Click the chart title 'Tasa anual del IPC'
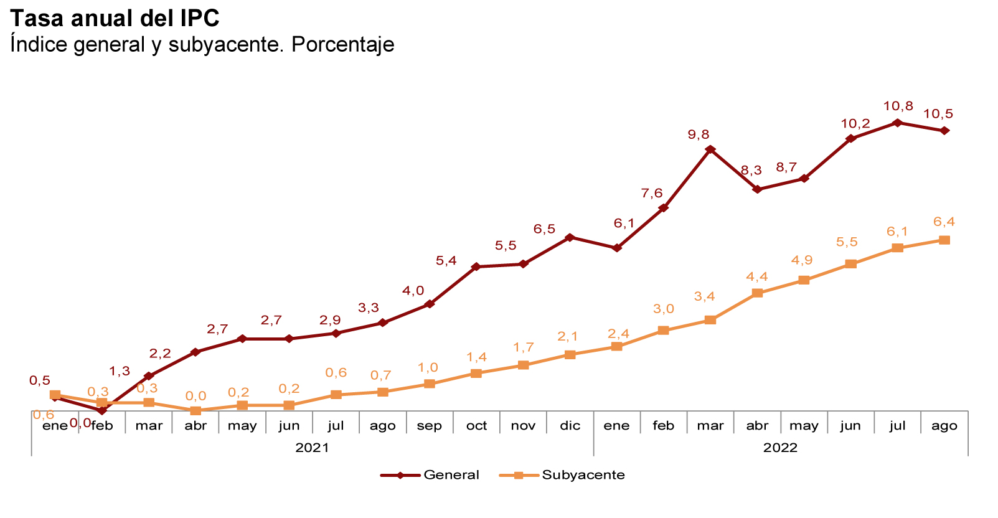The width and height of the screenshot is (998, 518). click(x=115, y=19)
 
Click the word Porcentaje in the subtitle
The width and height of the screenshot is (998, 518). click(x=342, y=45)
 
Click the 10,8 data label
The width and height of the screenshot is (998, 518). click(x=898, y=106)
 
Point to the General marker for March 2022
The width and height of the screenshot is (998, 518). click(x=710, y=149)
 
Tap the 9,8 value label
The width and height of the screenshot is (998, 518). click(x=699, y=134)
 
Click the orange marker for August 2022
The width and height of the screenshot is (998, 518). click(x=944, y=240)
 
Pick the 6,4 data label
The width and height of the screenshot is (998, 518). click(x=944, y=222)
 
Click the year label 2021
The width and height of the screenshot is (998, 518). click(x=312, y=448)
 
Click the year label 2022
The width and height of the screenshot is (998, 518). click(x=780, y=448)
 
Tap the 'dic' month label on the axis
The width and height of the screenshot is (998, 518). click(x=570, y=426)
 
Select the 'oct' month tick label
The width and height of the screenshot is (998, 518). click(x=476, y=426)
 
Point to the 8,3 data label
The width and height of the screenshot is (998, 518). click(x=751, y=171)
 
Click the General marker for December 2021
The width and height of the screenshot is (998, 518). click(x=570, y=237)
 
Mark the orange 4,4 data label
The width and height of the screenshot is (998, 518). click(x=757, y=276)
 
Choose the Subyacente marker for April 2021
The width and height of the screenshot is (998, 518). click(x=195, y=411)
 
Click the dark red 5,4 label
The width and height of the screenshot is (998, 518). click(x=446, y=261)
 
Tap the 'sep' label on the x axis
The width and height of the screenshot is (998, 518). click(x=429, y=426)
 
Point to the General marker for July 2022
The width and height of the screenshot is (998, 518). click(x=897, y=123)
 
